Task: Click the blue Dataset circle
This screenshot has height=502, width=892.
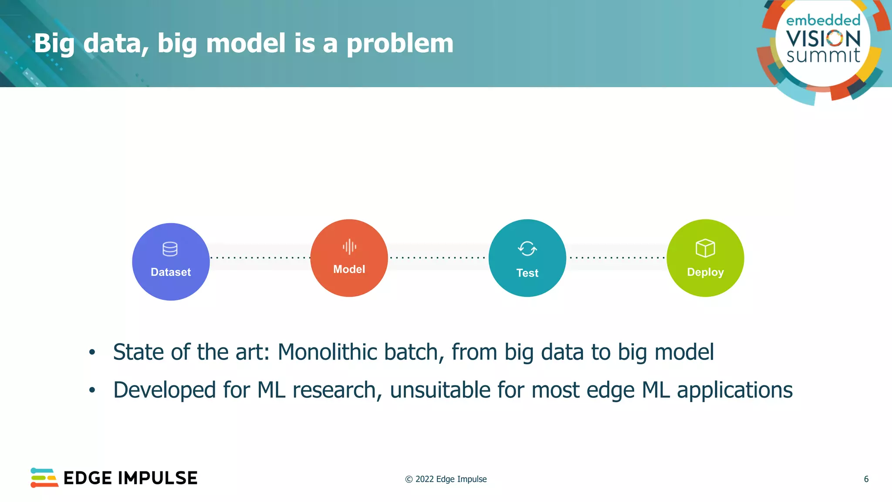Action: [x=171, y=262]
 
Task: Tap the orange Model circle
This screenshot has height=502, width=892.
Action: [x=349, y=258]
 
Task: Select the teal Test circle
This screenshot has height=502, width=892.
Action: [x=527, y=258]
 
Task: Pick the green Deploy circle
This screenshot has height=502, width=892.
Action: [x=705, y=258]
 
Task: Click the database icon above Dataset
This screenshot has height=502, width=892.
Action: [x=170, y=249]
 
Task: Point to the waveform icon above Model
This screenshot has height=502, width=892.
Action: [x=349, y=247]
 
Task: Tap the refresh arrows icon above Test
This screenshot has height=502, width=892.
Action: [x=527, y=249]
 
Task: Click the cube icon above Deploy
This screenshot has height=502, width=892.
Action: [x=705, y=248]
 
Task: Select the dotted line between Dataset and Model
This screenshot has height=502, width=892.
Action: [x=260, y=258]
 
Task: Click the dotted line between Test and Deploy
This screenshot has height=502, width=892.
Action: [x=617, y=258]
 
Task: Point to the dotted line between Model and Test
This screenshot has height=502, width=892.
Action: [x=438, y=258]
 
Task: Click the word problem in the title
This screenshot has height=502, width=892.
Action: [x=399, y=44]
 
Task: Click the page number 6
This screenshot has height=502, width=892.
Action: [x=866, y=479]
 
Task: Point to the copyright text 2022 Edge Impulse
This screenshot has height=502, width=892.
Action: [x=450, y=479]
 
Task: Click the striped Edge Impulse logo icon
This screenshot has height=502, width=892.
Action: [x=44, y=478]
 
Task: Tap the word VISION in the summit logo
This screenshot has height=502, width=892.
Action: [x=823, y=39]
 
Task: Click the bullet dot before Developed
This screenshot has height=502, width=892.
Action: [x=92, y=390]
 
